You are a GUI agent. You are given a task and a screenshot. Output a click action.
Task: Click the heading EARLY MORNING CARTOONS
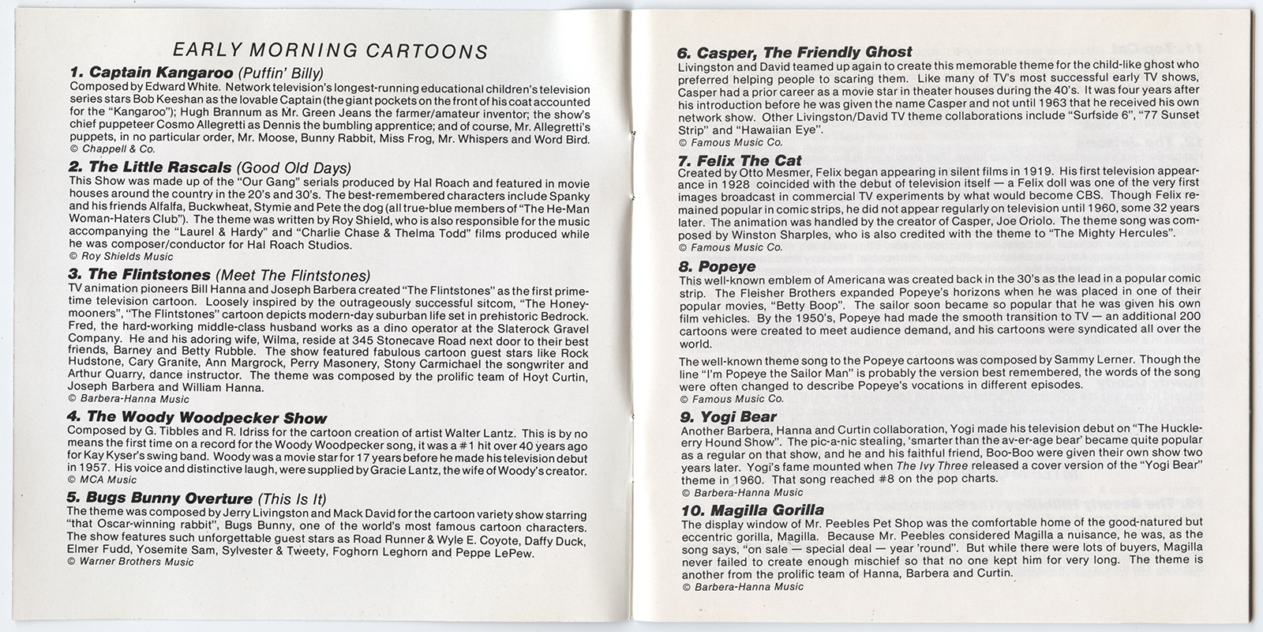pos(330,51)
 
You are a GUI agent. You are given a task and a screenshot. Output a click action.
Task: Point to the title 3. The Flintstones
pos(141,275)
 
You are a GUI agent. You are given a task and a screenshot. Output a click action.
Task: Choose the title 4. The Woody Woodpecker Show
pos(197,417)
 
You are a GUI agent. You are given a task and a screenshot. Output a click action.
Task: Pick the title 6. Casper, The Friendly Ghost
pos(795,52)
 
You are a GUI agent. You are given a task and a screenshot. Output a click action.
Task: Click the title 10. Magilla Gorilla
pos(752,510)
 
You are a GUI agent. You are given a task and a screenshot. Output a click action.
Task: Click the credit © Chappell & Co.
pos(112,149)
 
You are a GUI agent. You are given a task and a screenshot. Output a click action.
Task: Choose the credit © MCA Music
pos(103,479)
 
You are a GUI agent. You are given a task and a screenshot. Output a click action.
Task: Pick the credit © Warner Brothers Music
pos(130,562)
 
